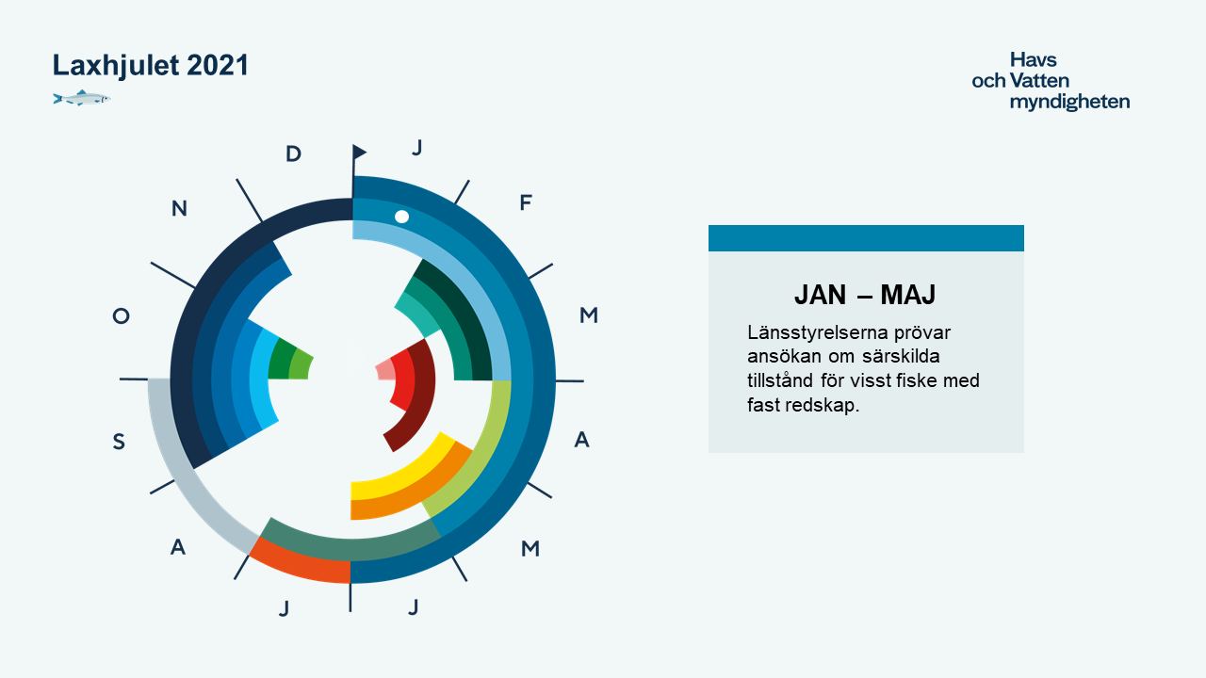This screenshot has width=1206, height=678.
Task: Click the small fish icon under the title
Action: (x=82, y=99)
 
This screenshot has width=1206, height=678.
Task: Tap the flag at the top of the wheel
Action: (x=359, y=153)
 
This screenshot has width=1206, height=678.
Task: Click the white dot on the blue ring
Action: (x=401, y=217)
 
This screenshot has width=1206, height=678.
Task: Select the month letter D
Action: (x=293, y=153)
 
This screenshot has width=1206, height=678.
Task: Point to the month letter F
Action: (x=526, y=202)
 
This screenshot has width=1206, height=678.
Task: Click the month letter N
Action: (x=179, y=208)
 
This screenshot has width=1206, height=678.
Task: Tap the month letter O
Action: (x=122, y=315)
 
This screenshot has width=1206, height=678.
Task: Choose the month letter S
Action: (x=119, y=442)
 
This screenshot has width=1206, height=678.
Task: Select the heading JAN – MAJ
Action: (x=865, y=295)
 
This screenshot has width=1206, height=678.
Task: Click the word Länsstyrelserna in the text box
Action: (x=818, y=332)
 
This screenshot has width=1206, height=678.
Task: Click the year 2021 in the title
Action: (x=218, y=65)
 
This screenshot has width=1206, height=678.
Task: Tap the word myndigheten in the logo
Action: (x=1069, y=102)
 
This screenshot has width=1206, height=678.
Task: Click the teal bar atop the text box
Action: (x=866, y=238)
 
